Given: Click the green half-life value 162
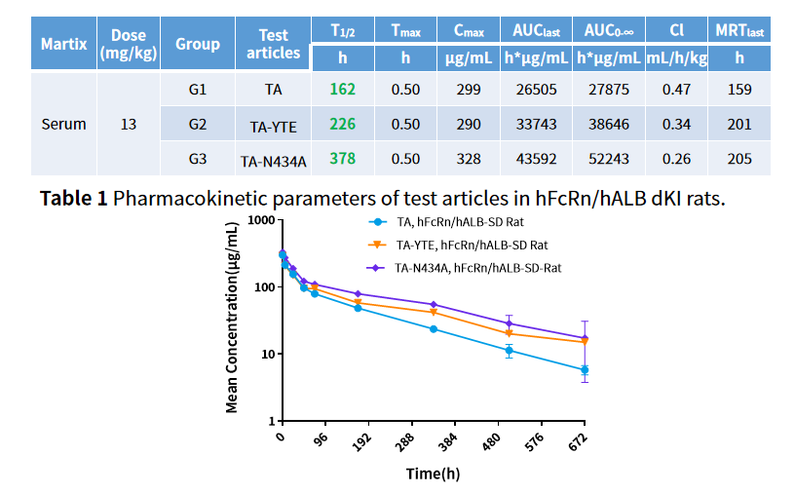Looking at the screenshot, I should pyautogui.click(x=342, y=90).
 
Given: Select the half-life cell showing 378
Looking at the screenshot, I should pyautogui.click(x=342, y=159).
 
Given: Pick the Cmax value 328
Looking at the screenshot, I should pyautogui.click(x=466, y=159).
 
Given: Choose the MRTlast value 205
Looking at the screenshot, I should pyautogui.click(x=739, y=159).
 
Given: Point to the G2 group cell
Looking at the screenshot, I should pyautogui.click(x=198, y=125).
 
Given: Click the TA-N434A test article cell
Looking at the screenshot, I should pyautogui.click(x=274, y=160).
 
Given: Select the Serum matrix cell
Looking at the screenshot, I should pyautogui.click(x=63, y=125).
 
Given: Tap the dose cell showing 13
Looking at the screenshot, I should pyautogui.click(x=128, y=125).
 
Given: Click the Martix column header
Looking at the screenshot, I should pyautogui.click(x=63, y=44).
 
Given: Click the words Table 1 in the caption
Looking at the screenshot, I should pyautogui.click(x=73, y=199).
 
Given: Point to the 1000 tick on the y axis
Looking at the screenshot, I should pyautogui.click(x=259, y=220).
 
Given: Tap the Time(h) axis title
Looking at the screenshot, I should pyautogui.click(x=433, y=474).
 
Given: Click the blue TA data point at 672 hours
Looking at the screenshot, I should pyautogui.click(x=585, y=370).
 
